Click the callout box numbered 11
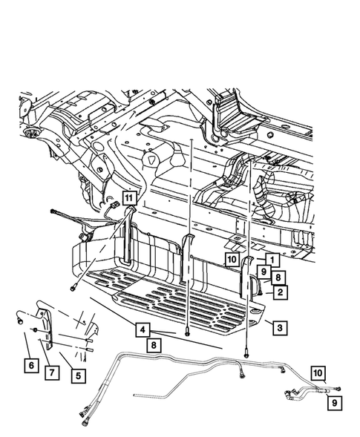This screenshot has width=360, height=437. click(x=129, y=198)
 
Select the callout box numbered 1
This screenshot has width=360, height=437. click(x=272, y=260)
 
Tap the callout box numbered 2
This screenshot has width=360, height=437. click(x=281, y=292)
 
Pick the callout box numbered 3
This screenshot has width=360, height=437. click(x=280, y=328)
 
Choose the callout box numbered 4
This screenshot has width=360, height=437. click(x=143, y=329)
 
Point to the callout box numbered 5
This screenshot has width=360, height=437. click(x=79, y=375)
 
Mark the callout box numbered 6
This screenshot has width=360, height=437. click(x=31, y=365)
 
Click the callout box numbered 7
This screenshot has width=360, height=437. click(x=52, y=372)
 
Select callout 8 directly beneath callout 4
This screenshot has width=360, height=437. click(x=154, y=346)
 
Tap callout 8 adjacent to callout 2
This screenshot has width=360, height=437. click(x=278, y=277)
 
